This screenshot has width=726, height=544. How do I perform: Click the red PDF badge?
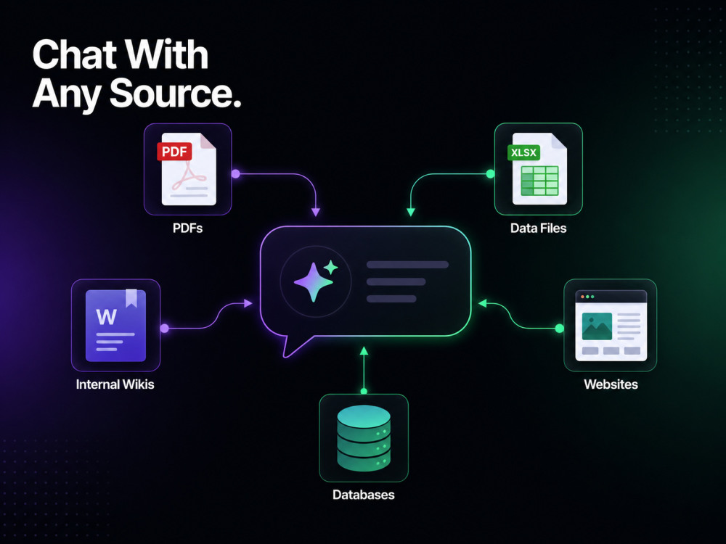(174, 152)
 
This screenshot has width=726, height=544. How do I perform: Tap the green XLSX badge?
(523, 152)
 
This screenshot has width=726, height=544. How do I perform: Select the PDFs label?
(187, 228)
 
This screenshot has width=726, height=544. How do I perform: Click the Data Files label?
(538, 228)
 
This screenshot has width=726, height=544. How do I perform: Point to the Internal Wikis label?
(115, 384)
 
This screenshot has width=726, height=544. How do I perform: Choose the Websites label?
(611, 384)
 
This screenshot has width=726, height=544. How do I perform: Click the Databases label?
(364, 495)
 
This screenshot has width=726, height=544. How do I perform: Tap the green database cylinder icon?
(364, 438)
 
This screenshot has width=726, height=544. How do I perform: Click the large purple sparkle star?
(314, 282)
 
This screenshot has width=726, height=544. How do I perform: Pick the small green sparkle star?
(330, 268)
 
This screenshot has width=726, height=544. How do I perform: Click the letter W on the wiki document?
(106, 317)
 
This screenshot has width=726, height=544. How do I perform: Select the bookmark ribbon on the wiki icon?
(131, 298)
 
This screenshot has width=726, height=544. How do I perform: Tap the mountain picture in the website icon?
(597, 326)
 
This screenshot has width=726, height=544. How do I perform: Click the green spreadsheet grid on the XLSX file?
(540, 181)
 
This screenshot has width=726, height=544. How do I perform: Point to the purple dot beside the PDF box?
(236, 174)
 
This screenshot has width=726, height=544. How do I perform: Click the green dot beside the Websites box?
(559, 329)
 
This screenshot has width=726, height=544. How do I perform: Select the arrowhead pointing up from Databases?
(364, 350)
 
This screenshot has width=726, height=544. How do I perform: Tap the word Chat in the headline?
(75, 54)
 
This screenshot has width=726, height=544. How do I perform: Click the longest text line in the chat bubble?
(407, 265)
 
